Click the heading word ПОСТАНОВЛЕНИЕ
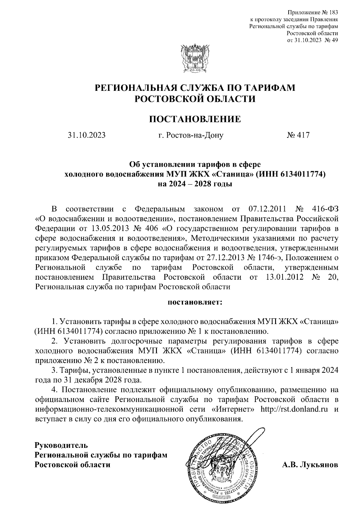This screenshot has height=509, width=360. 195,119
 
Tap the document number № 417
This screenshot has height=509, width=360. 298,135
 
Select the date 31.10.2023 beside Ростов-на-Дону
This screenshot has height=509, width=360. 86,135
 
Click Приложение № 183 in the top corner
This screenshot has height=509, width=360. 313,13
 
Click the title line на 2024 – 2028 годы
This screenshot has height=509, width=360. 195,184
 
